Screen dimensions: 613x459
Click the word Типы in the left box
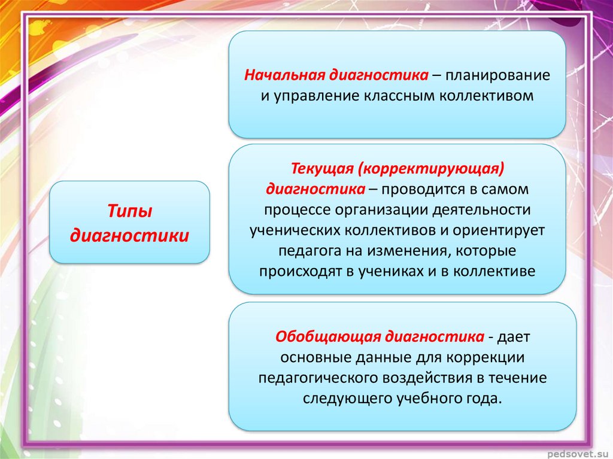point(129,211)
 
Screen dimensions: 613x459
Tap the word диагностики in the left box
point(129,235)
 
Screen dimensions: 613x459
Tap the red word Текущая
point(321,169)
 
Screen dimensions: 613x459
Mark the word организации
point(381,210)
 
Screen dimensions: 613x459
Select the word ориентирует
point(499,230)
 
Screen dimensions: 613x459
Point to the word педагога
point(309,251)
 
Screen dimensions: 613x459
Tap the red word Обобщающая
point(327,337)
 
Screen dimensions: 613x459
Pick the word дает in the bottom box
point(513,337)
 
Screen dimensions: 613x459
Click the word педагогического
point(317,378)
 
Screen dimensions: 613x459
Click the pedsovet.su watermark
point(577,454)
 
